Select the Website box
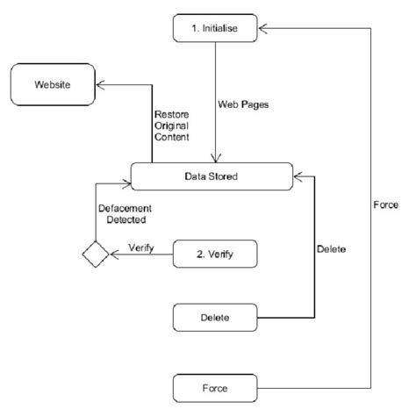point(53,86)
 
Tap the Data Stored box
point(211,176)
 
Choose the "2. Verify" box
point(215,255)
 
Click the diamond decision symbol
point(95,255)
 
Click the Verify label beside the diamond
point(141,247)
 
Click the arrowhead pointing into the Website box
point(101,86)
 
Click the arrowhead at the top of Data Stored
point(217,159)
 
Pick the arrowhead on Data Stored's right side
point(296,176)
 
